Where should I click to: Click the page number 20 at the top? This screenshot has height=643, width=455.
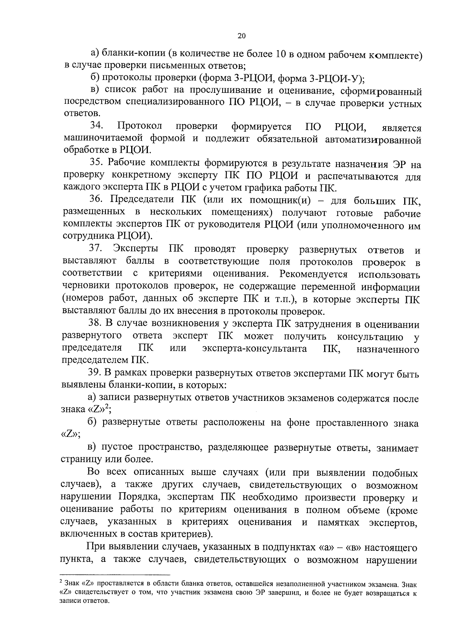[241, 36]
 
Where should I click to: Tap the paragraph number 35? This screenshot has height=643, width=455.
[97, 163]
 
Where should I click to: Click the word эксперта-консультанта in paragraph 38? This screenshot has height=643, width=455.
[254, 348]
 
